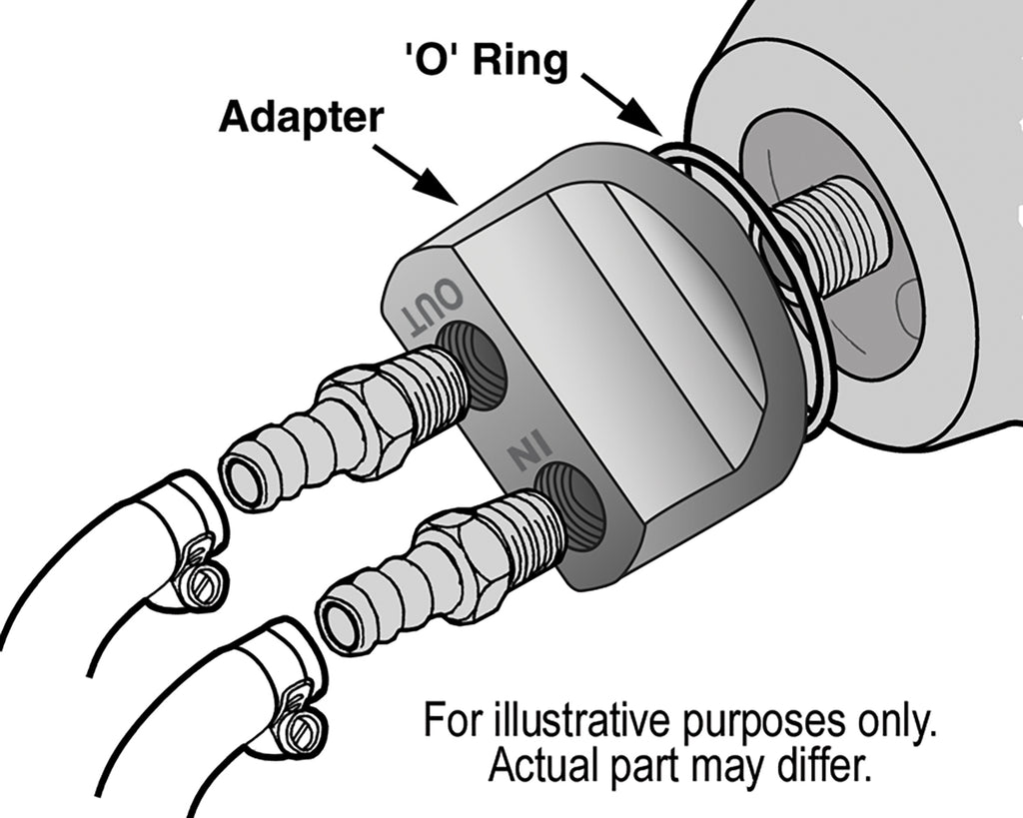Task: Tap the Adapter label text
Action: (x=301, y=117)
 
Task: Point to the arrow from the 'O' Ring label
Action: (x=622, y=103)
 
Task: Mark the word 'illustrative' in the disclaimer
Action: (x=585, y=721)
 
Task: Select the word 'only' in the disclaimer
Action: (x=896, y=721)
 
